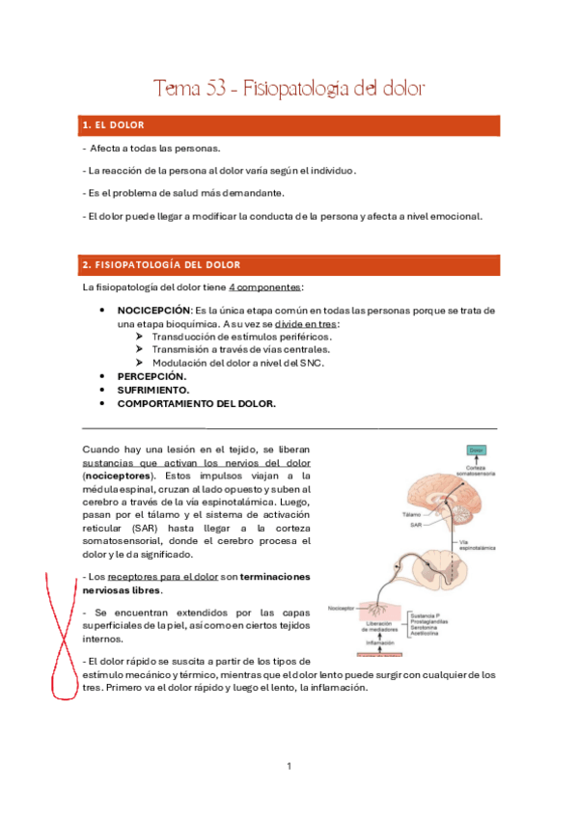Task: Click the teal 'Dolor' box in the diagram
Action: click(x=476, y=450)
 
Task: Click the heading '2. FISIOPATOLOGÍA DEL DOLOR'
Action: click(x=161, y=263)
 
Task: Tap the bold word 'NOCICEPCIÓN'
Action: click(x=153, y=311)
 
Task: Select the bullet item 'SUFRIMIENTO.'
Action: click(x=154, y=390)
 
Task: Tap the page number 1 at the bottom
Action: click(x=289, y=766)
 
